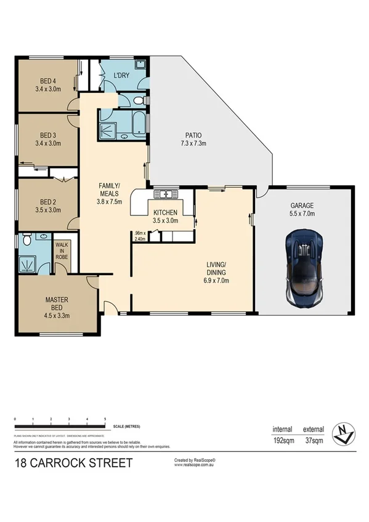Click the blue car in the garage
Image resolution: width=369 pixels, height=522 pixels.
tap(305, 267)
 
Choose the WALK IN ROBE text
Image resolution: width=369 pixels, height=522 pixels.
tap(61, 251)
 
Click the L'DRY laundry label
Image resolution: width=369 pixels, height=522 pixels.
tap(121, 76)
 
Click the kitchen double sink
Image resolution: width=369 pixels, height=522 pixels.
tap(164, 195)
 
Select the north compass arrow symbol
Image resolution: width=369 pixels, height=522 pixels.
tap(343, 435)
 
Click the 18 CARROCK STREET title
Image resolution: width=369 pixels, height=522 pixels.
tap(73, 463)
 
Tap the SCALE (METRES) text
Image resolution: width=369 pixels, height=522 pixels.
tap(128, 425)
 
